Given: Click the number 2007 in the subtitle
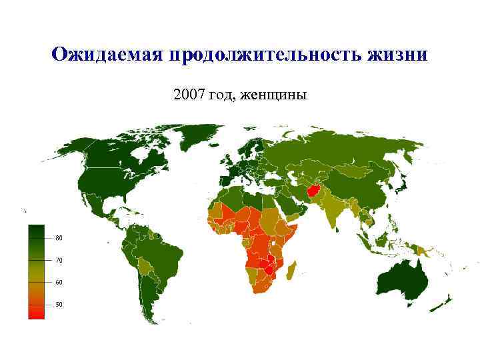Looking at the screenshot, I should [x=188, y=95].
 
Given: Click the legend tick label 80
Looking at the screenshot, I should [x=59, y=238].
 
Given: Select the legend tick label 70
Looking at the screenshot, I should [x=59, y=261].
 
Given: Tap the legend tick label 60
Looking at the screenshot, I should [x=59, y=283].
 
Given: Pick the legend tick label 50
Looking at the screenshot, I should [x=59, y=305].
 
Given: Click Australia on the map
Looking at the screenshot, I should [x=401, y=277].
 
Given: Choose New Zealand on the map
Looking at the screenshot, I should [x=442, y=303].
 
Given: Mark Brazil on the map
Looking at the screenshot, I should [x=164, y=257].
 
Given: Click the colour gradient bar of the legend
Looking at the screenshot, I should [x=36, y=271].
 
